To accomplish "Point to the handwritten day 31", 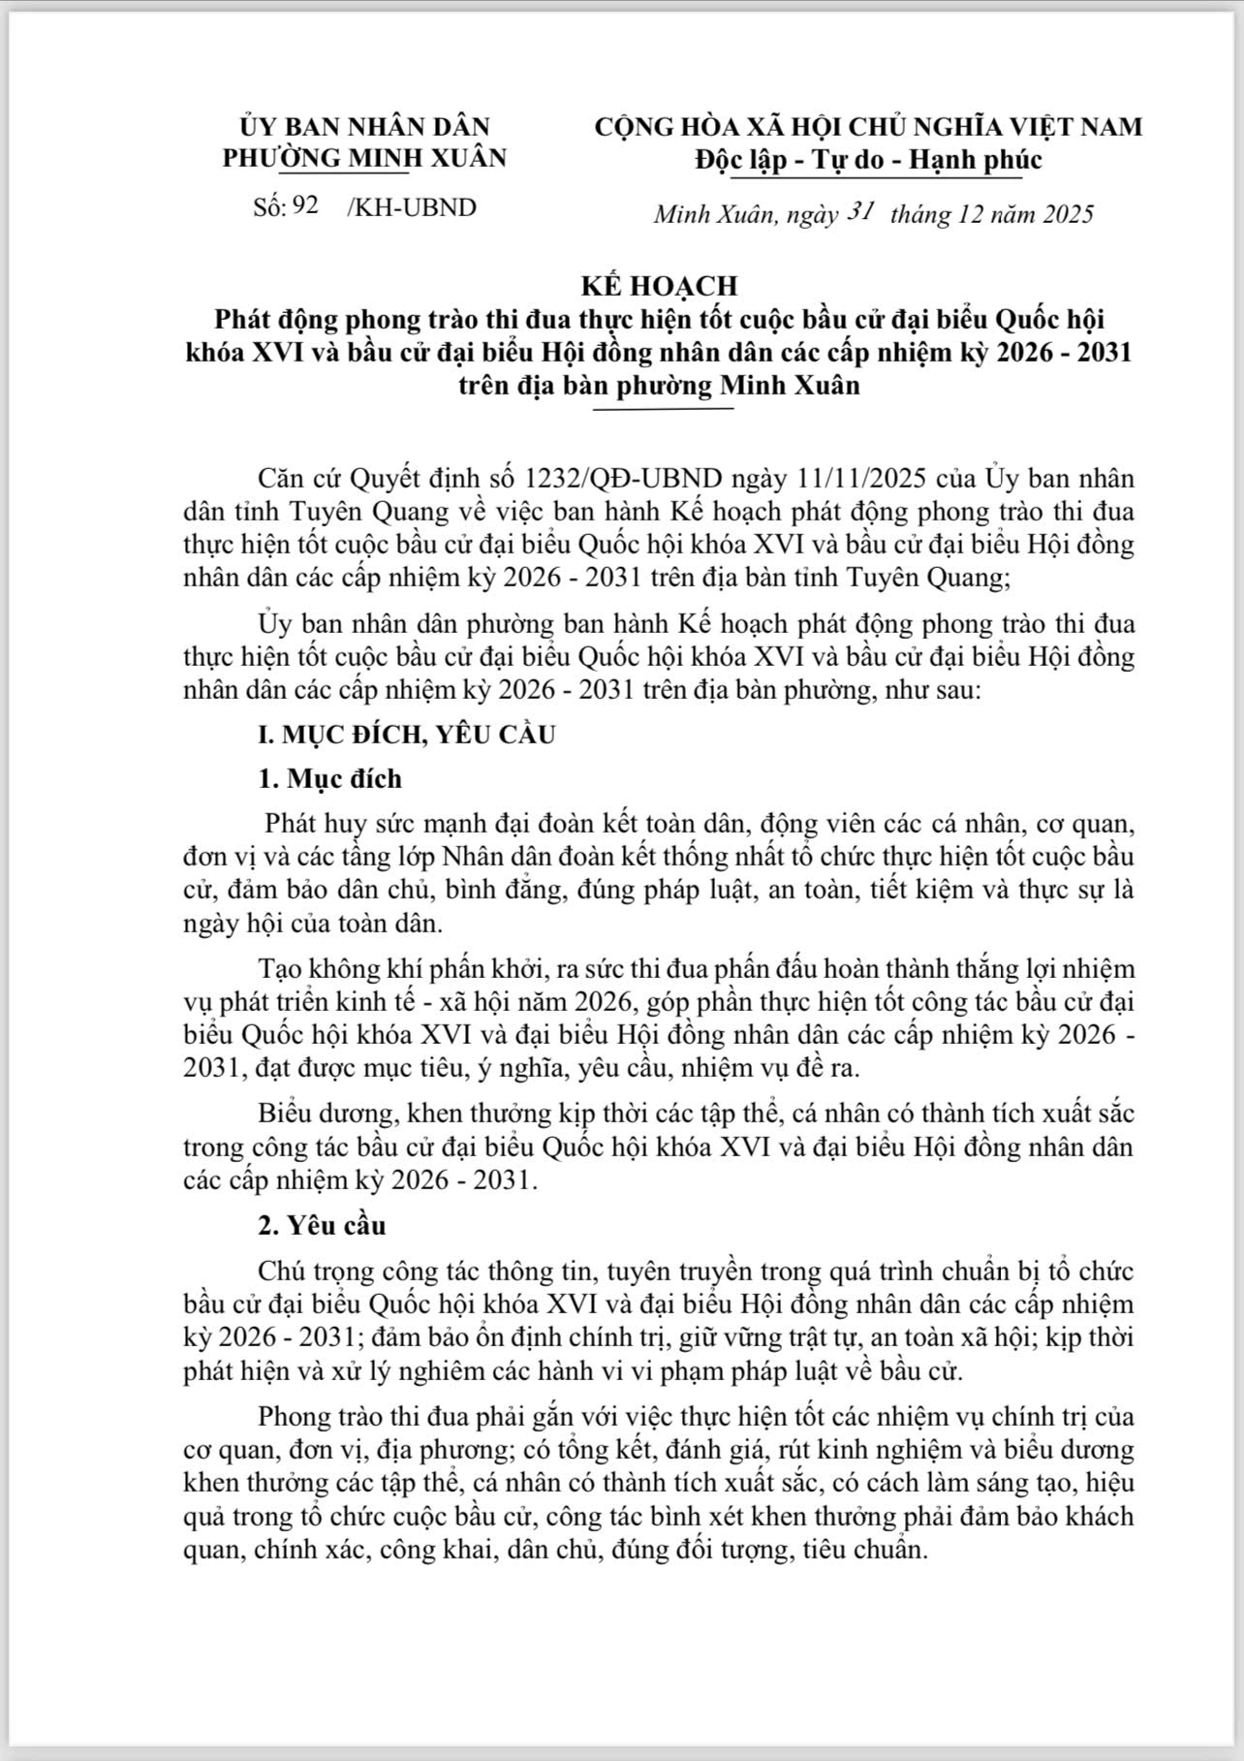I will [x=861, y=211].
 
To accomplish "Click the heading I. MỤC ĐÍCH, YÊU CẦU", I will [x=407, y=734].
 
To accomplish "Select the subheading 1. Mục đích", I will [x=329, y=778].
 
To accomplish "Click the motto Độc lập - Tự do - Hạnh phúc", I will [x=868, y=159].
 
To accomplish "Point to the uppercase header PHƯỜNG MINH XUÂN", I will [x=364, y=158].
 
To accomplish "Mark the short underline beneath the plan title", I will [x=664, y=409].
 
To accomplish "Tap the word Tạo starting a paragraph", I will [x=280, y=969].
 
